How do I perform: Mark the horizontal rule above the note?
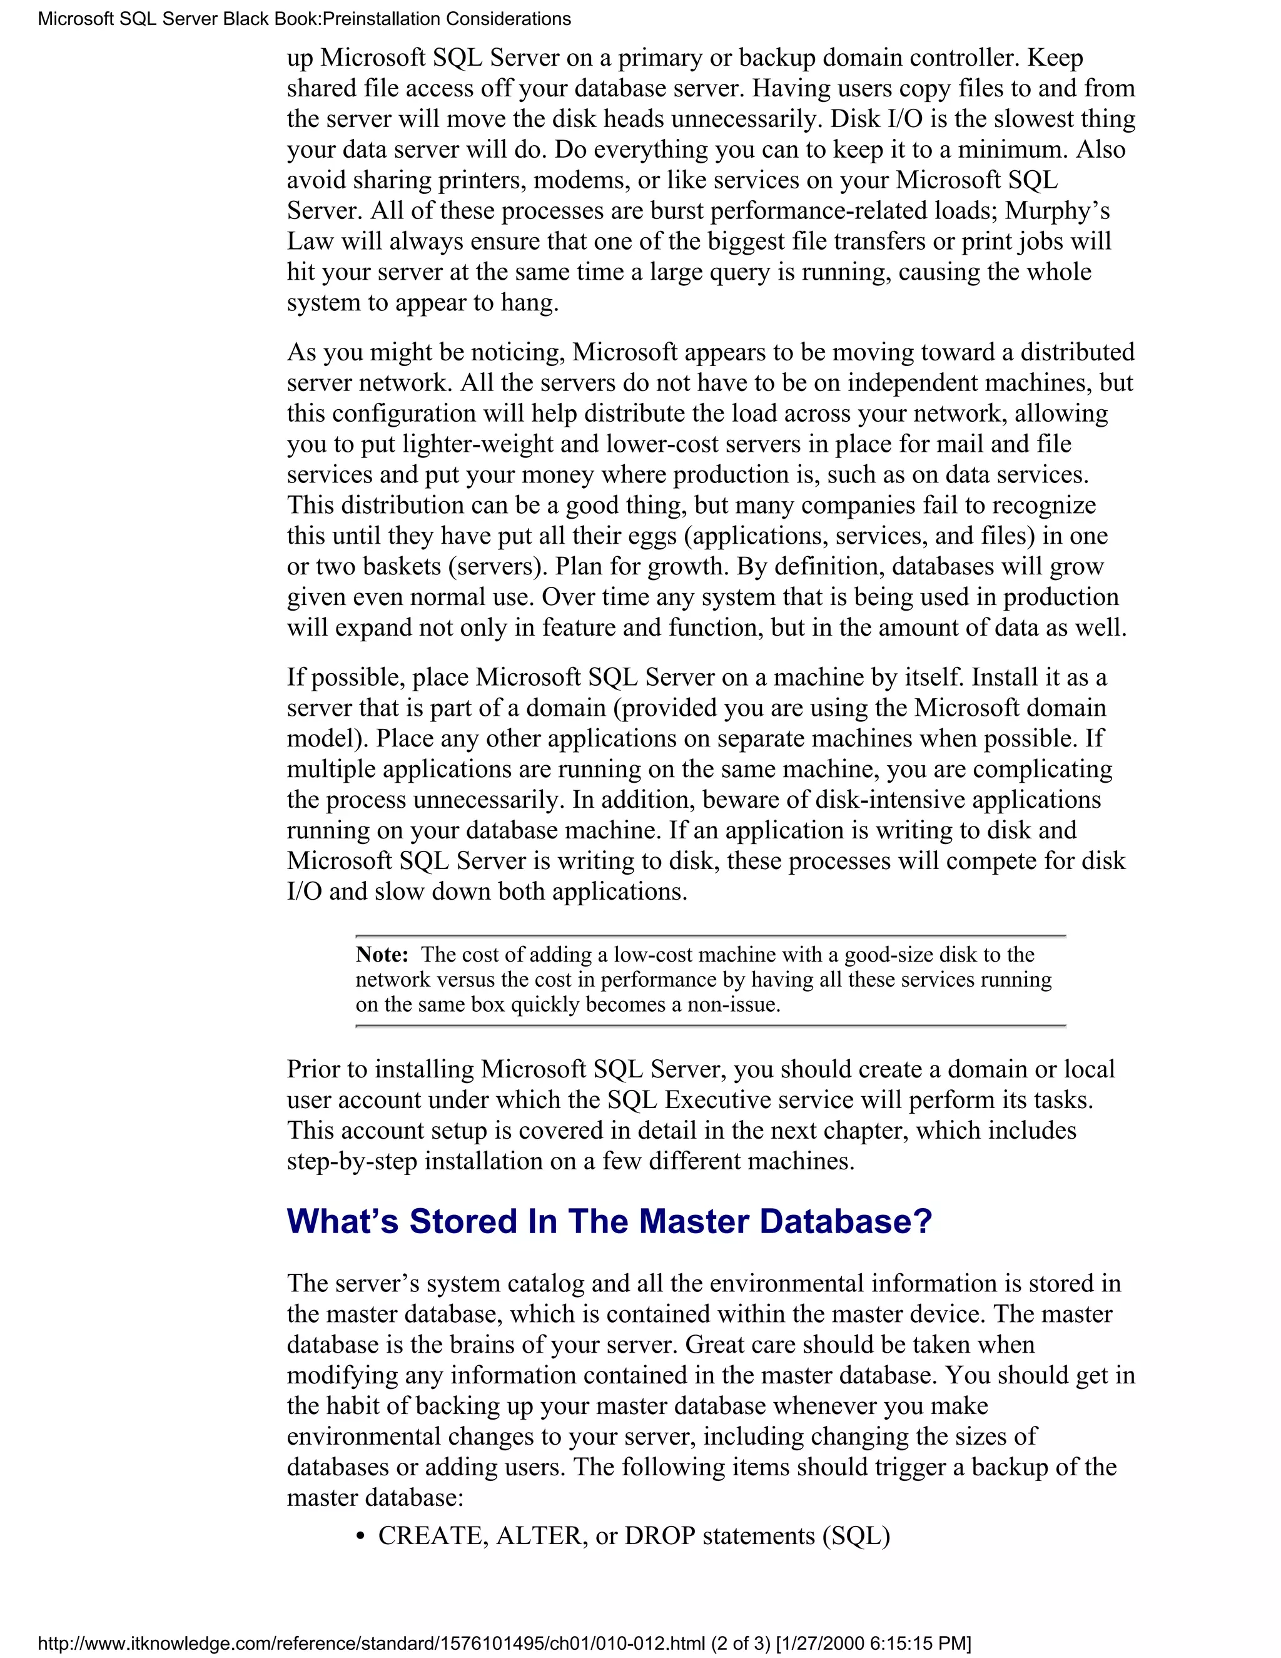point(711,936)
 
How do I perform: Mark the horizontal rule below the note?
point(711,1025)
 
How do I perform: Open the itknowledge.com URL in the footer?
point(372,1644)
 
